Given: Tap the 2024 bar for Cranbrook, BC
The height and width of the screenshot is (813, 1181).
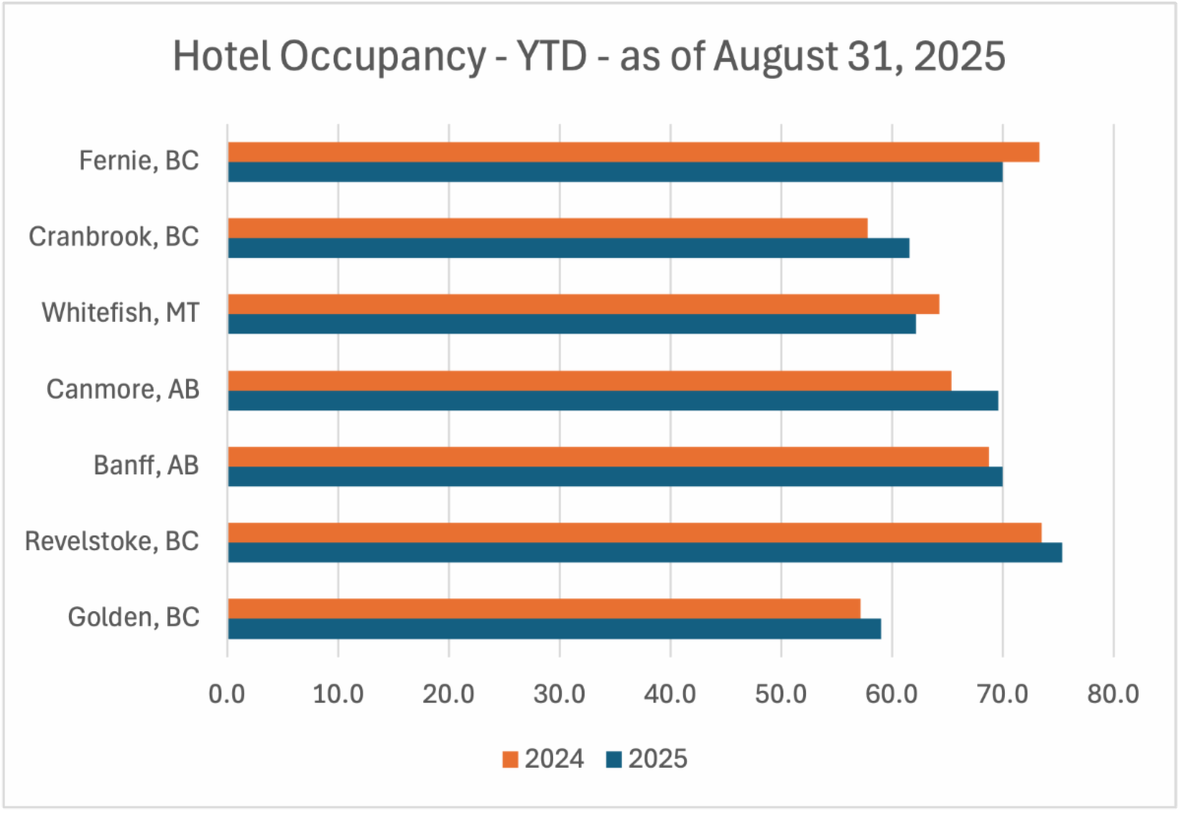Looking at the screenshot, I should (547, 228).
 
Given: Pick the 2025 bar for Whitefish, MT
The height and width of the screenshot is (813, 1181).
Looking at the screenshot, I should (572, 324).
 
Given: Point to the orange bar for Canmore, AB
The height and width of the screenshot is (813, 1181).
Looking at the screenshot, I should (590, 381).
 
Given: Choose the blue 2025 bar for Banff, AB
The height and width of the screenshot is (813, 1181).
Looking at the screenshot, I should (615, 476).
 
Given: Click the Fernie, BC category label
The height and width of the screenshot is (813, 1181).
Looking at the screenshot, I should (139, 161).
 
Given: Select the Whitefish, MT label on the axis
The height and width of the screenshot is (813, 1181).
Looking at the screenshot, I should (120, 313).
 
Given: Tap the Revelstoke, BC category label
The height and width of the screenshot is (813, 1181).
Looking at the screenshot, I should (112, 541).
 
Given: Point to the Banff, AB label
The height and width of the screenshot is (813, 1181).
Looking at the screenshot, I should (149, 466).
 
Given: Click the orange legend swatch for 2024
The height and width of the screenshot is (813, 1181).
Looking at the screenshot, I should (510, 759).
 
